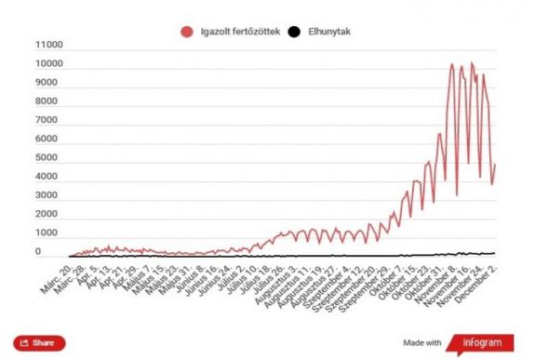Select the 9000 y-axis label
pyautogui.click(x=49, y=83)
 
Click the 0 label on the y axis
pyautogui.click(x=59, y=252)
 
